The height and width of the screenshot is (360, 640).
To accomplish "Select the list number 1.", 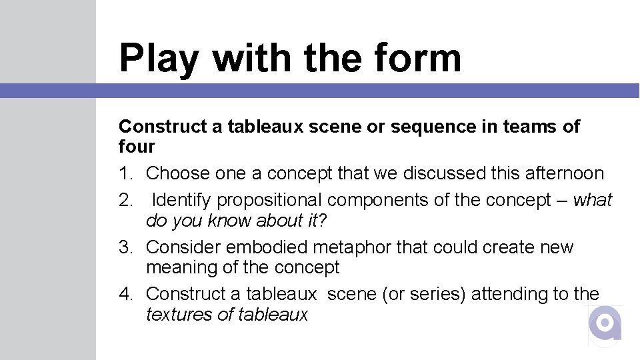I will click(125, 173).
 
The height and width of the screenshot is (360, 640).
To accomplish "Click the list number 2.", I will click(125, 200).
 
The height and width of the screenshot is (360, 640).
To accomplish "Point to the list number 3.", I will click(125, 247).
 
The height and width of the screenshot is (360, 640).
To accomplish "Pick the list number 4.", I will click(125, 294).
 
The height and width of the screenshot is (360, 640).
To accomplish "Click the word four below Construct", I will click(137, 147).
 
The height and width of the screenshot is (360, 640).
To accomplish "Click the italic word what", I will click(593, 200).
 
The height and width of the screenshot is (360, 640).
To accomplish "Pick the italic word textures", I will click(179, 315).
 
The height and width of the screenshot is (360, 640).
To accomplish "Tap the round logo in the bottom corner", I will click(605, 324).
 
